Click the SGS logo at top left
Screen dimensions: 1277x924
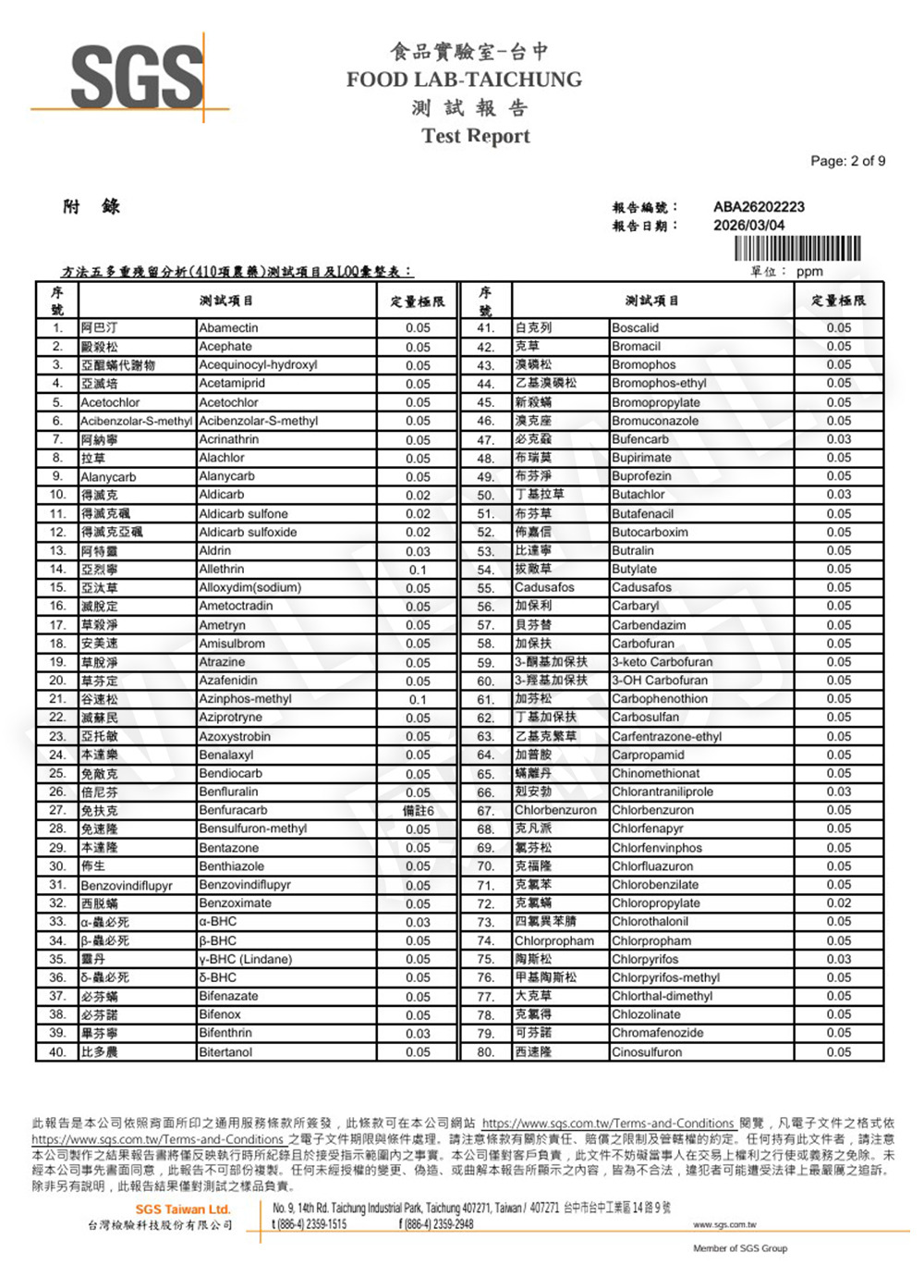[137, 76]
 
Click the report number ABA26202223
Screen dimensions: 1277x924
[759, 206]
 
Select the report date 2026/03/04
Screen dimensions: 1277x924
[748, 225]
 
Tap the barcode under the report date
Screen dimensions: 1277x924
[797, 248]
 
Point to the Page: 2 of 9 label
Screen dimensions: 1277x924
[847, 161]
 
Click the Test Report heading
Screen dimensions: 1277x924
[475, 136]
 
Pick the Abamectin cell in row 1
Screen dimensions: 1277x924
[229, 327]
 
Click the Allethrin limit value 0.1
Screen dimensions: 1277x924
[418, 570]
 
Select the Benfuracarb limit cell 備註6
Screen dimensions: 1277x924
[418, 811]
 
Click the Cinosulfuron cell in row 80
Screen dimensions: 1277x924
[647, 1052]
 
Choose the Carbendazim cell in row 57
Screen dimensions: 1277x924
[649, 625]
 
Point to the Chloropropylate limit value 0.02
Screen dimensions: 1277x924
[839, 903]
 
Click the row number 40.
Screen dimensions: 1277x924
[57, 1052]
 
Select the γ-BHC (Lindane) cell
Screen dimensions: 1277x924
[245, 959]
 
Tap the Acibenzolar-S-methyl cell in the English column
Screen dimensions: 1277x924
[258, 421]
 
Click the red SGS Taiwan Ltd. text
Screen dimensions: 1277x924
[183, 1209]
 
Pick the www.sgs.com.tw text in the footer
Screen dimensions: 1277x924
[724, 1224]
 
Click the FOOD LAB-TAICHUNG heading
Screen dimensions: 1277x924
[464, 80]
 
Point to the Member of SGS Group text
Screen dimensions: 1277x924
[740, 1248]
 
